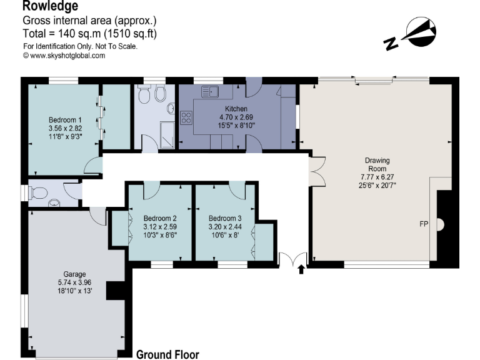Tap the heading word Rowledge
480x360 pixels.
tap(51, 6)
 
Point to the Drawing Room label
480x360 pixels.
tap(377, 164)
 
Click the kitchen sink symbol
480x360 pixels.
tap(209, 91)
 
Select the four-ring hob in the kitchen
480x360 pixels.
tap(186, 117)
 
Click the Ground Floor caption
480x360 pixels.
tap(167, 354)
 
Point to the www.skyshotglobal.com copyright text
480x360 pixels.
tap(64, 55)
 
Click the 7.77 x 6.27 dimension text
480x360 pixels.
tap(377, 177)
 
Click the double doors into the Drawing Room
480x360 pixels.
tap(317, 170)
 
